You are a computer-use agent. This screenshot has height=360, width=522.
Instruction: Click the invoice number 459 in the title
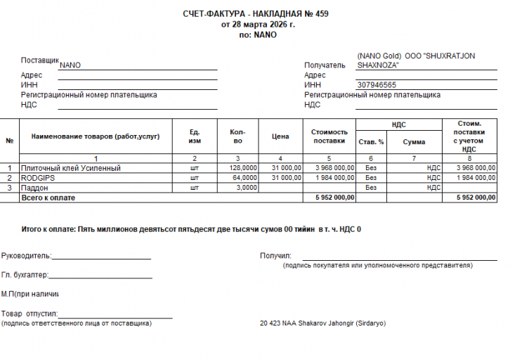pyautogui.click(x=322, y=13)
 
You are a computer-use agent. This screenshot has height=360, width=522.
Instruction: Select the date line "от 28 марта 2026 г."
pyautogui.click(x=258, y=24)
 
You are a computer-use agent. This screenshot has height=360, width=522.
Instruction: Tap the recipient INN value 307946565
pyautogui.click(x=377, y=85)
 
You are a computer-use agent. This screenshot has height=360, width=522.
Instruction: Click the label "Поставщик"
pyautogui.click(x=40, y=60)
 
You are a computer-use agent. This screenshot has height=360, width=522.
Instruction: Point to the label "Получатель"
pyautogui.click(x=325, y=65)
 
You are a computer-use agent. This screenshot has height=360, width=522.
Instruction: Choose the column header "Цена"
pyautogui.click(x=280, y=136)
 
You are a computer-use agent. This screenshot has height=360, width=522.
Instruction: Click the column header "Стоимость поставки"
pyautogui.click(x=329, y=136)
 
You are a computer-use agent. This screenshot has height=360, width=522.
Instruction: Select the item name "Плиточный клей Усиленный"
pyautogui.click(x=71, y=168)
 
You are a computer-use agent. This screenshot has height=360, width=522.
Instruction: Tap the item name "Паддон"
pyautogui.click(x=34, y=188)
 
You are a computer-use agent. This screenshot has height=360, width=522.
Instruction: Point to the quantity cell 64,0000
pyautogui.click(x=244, y=178)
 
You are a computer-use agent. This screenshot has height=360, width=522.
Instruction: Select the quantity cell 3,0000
pyautogui.click(x=246, y=188)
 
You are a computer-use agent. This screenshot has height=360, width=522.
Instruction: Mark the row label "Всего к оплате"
pyautogui.click(x=48, y=198)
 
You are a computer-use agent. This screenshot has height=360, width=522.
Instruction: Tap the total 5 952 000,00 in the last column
pyautogui.click(x=476, y=198)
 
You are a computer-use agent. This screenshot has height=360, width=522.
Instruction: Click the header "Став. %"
pyautogui.click(x=371, y=141)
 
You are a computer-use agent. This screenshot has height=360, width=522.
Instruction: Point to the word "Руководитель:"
pyautogui.click(x=26, y=256)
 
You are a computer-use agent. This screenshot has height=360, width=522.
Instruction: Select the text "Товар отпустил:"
pyautogui.click(x=30, y=314)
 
